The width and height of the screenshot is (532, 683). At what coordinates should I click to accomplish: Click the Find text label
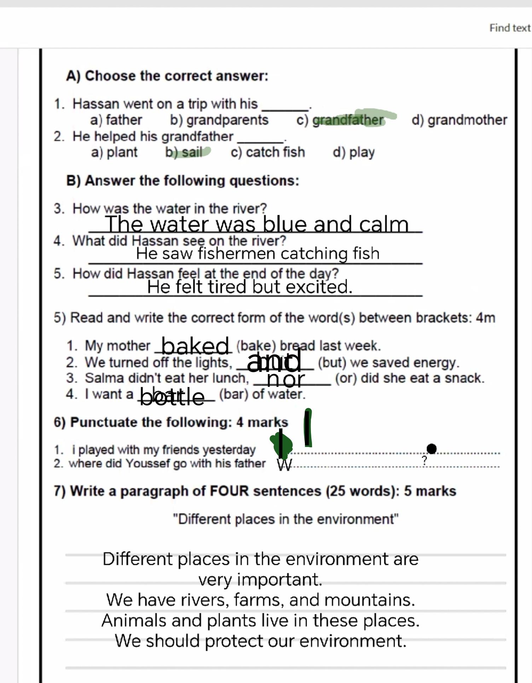tap(510, 28)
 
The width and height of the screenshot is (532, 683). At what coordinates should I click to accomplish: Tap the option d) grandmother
tap(459, 120)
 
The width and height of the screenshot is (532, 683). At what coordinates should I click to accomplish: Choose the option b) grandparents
tap(219, 120)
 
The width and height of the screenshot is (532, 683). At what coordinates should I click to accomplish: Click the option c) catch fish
tap(268, 152)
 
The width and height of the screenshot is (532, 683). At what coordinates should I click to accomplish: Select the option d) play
tap(353, 153)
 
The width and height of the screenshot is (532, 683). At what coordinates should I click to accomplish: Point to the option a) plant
tap(114, 153)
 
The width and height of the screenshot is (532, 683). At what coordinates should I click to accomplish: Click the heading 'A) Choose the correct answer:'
tap(167, 76)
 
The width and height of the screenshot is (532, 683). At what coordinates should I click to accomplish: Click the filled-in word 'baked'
tap(195, 346)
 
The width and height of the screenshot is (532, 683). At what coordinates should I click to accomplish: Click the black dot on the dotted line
tap(432, 448)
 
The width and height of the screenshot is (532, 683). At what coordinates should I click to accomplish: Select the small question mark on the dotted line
tap(424, 460)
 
